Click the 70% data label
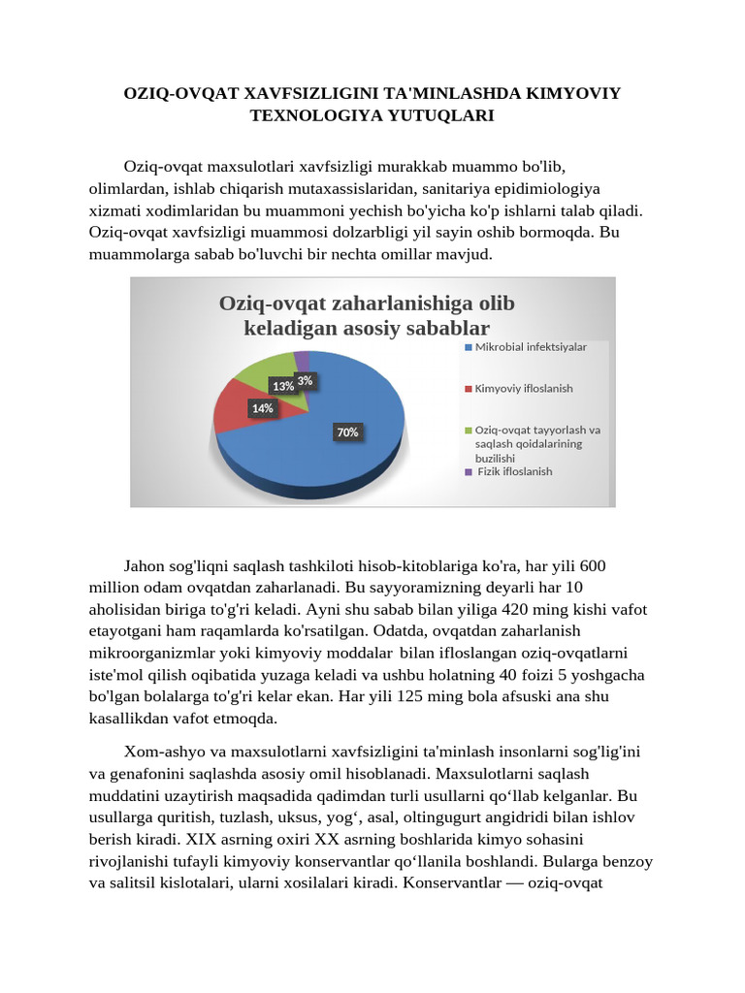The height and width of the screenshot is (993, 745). pos(347,432)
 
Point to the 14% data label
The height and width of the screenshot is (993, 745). pos(262,408)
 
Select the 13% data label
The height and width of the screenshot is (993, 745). pos(283,386)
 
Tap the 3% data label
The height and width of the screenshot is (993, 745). pos(305,381)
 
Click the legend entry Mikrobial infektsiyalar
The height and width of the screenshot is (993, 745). pos(530,347)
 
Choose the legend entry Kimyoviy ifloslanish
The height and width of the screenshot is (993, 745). pos(523,388)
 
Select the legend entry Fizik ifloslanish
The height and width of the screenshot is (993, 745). pos(514,471)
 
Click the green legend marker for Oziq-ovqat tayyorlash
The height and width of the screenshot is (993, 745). pos(469,430)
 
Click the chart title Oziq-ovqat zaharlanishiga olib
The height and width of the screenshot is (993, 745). pos(367,304)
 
